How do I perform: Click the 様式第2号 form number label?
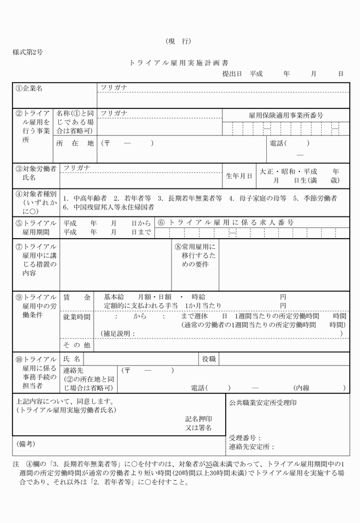[28, 52]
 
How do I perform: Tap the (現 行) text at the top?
[178, 41]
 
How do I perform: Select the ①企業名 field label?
[29, 89]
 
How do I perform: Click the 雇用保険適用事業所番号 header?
[286, 115]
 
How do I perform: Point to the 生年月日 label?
[239, 176]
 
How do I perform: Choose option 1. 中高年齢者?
[86, 198]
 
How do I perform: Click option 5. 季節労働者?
[315, 198]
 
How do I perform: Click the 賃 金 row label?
[77, 297]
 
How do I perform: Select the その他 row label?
[77, 345]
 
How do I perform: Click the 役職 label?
[208, 359]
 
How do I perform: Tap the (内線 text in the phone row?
[303, 388]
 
